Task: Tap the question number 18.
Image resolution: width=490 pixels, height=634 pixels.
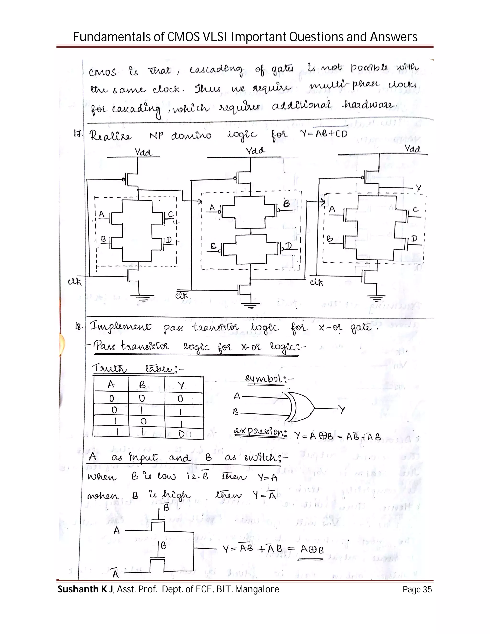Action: pos(79,327)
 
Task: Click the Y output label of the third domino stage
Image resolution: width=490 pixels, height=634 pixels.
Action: pos(418,188)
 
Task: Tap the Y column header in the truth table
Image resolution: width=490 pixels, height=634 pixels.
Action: pos(181,385)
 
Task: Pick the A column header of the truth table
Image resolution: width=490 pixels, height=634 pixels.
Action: pos(111,385)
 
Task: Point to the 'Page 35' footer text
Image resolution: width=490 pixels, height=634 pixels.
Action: pos(417,590)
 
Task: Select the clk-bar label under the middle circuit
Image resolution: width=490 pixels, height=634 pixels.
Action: pos(182,295)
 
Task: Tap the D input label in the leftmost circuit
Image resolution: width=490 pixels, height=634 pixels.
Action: pos(169,240)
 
